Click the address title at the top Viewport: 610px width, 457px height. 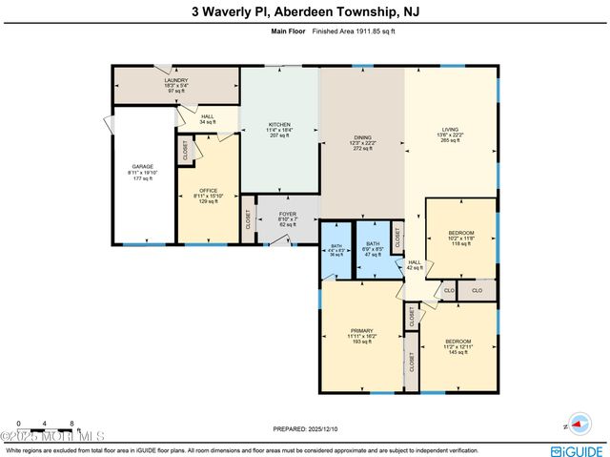(305, 12)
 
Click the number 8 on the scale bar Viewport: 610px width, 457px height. (71, 423)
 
